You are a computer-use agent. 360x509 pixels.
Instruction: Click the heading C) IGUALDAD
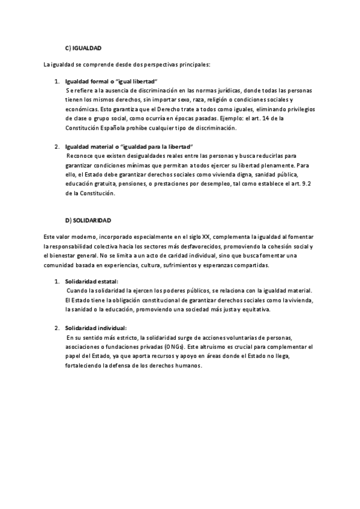pos(83,47)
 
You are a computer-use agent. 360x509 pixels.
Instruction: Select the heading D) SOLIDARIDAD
pos(88,221)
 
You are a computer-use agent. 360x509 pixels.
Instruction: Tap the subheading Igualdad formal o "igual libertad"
pos(112,81)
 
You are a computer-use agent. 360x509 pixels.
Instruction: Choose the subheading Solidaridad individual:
pos(96,328)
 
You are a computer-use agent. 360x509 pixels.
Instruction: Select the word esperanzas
pos(217,265)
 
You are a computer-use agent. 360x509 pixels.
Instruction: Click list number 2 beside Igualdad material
pos(57,147)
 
